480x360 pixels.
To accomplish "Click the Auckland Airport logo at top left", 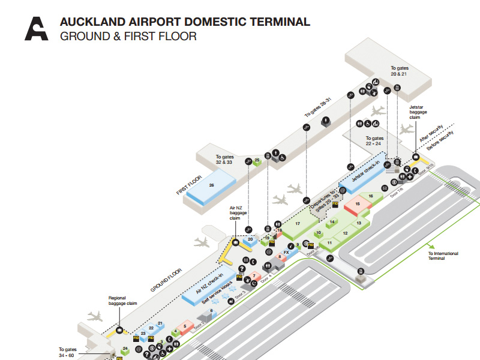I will pyautogui.click(x=36, y=28).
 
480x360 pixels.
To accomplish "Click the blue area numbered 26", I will pyautogui.click(x=211, y=185).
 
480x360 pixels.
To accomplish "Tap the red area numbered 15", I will pyautogui.click(x=358, y=205).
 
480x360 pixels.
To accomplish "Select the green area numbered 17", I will pyautogui.click(x=298, y=224).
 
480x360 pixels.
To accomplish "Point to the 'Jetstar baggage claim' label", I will pyautogui.click(x=418, y=110).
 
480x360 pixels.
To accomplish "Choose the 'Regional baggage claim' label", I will pyautogui.click(x=123, y=300).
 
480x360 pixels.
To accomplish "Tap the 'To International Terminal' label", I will pyautogui.click(x=443, y=256).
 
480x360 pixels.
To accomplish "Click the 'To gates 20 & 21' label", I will pyautogui.click(x=399, y=71).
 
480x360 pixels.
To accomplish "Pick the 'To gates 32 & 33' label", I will pyautogui.click(x=224, y=160).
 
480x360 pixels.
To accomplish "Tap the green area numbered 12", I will pyautogui.click(x=345, y=233).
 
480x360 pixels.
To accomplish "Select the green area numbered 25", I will pyautogui.click(x=257, y=160).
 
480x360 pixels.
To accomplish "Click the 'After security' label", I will pyautogui.click(x=433, y=130).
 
